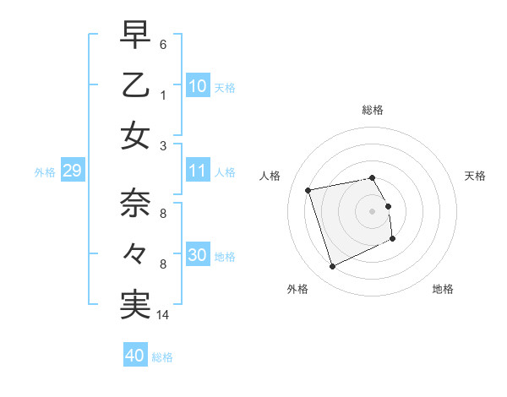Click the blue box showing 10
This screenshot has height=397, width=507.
click(198, 86)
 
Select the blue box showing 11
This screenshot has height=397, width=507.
click(198, 171)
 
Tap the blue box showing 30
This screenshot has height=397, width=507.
click(198, 255)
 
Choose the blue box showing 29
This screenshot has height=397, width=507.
click(72, 171)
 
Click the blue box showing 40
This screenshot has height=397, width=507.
click(134, 356)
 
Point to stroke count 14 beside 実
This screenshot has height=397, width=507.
click(164, 315)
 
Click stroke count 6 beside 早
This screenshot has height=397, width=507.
click(163, 44)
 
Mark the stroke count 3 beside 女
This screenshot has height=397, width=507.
click(163, 145)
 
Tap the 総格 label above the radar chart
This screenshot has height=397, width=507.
click(372, 110)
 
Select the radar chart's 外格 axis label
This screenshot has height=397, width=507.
click(297, 289)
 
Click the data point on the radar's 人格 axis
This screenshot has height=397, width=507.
click(308, 189)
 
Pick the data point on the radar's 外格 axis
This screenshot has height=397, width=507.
click(332, 267)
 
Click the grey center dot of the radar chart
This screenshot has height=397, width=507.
click(372, 210)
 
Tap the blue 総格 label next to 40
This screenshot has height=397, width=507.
click(162, 357)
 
